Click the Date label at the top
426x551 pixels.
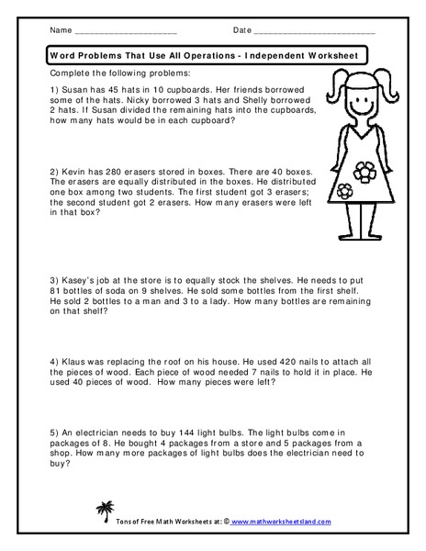click(x=241, y=30)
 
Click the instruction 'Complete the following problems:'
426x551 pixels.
click(x=114, y=72)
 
